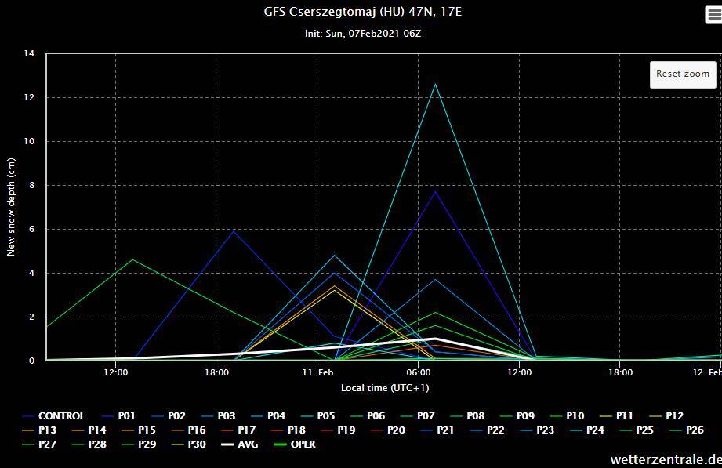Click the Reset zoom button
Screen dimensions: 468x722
click(x=682, y=74)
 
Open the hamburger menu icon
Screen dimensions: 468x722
click(x=713, y=15)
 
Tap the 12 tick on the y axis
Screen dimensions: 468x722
click(x=30, y=98)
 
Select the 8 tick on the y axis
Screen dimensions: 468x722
click(x=31, y=186)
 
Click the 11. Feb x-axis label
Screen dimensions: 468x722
click(x=317, y=373)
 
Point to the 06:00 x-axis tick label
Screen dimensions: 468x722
click(x=419, y=373)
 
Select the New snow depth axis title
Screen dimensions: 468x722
click(x=11, y=207)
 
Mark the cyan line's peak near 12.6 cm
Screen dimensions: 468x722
click(x=435, y=84)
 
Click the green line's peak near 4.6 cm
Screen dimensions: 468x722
click(x=132, y=259)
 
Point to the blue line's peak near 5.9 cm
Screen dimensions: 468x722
click(x=233, y=230)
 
